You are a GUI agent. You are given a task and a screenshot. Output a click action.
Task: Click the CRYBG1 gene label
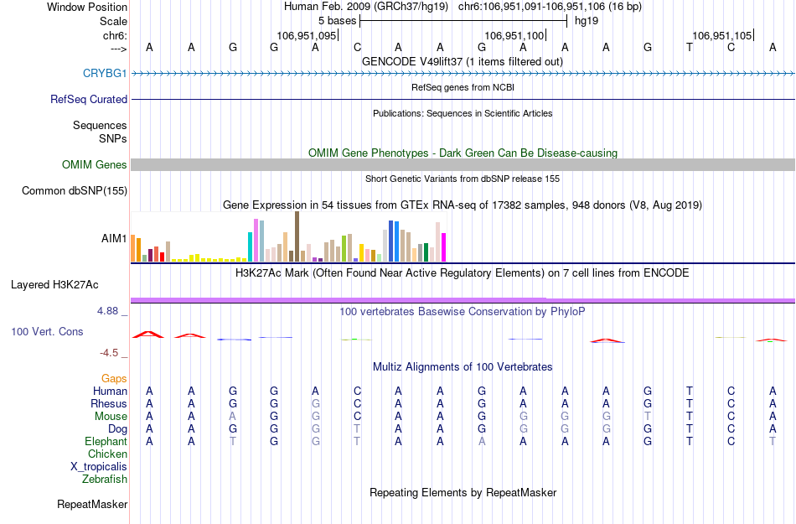[x=105, y=74]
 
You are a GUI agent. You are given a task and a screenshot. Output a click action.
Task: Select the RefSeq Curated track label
[x=89, y=99]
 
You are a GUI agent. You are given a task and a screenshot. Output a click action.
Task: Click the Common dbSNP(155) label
[x=75, y=191]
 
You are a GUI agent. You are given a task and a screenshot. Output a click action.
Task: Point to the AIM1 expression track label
[x=114, y=238]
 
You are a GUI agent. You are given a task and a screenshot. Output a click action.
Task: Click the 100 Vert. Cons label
[x=47, y=332]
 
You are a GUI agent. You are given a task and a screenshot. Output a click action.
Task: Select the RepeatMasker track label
[x=92, y=505]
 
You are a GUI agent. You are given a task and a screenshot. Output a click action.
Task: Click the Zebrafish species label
[x=105, y=480]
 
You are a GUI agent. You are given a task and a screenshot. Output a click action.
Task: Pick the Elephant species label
[x=106, y=442]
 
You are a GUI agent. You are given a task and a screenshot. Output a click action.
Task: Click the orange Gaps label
[x=115, y=379]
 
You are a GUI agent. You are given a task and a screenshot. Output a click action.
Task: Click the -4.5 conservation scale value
[x=110, y=353]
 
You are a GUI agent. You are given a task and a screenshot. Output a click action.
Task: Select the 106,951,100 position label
[x=514, y=36]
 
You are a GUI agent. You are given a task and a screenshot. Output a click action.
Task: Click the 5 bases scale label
[x=337, y=20]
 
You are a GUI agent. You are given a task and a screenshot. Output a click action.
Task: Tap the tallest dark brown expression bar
[x=297, y=236]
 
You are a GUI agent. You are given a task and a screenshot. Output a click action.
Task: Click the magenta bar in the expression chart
[x=443, y=247]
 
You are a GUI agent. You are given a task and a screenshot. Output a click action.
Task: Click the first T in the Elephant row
[x=232, y=442]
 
